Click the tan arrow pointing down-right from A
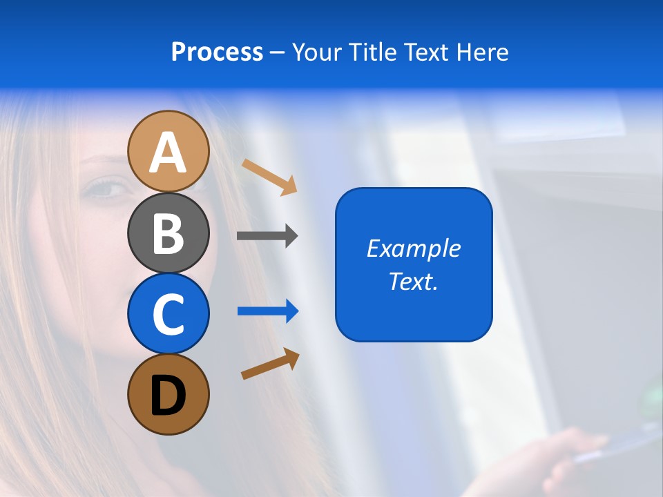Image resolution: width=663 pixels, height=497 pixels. coord(269,177)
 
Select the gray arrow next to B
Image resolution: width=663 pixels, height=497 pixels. coord(267,236)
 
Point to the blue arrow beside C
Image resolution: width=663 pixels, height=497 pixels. coord(268,311)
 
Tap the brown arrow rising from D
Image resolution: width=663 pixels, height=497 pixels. coord(270,364)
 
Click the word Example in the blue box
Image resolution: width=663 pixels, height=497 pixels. coord(414,248)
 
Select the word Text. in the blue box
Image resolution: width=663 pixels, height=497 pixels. coord(414,282)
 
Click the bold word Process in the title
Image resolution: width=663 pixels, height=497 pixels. coord(217,52)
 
